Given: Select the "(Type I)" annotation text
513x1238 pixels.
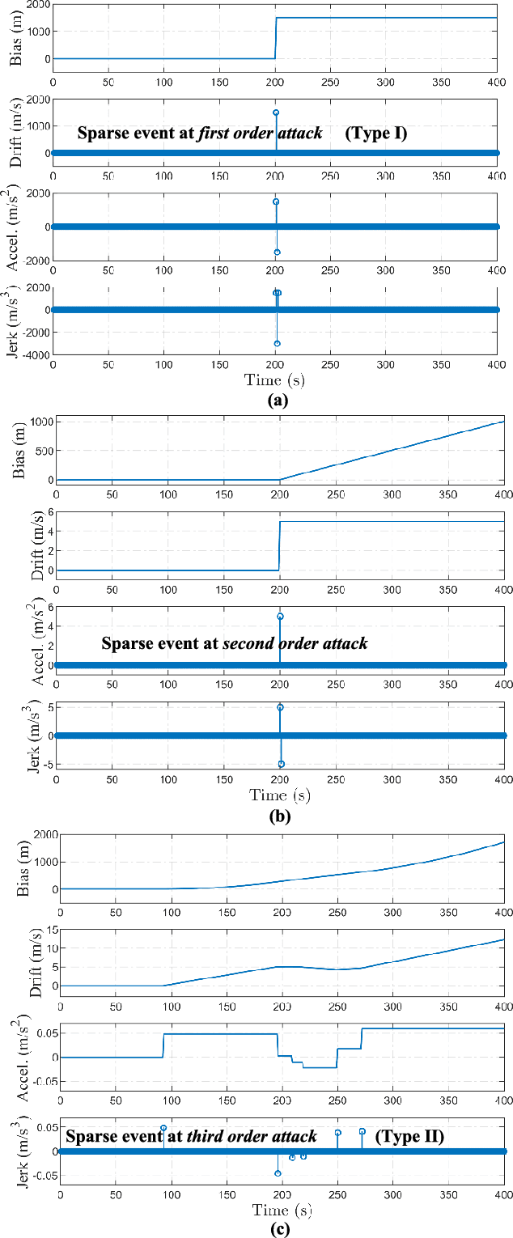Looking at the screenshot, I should tap(375, 134).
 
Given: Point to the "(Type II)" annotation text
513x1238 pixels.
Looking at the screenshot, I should tap(413, 1137).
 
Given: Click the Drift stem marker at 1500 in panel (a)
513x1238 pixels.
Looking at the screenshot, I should tap(276, 112).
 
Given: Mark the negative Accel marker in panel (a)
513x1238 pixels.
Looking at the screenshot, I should tap(277, 252).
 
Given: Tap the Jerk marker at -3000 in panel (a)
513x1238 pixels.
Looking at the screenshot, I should tap(277, 344).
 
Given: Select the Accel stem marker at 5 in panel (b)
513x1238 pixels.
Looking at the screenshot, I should tap(280, 617).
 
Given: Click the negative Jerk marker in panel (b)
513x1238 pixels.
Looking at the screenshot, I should tap(282, 764).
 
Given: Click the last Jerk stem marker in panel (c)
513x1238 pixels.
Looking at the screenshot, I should tap(362, 1131).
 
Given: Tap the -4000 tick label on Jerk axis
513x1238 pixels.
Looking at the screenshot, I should tap(32, 355).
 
